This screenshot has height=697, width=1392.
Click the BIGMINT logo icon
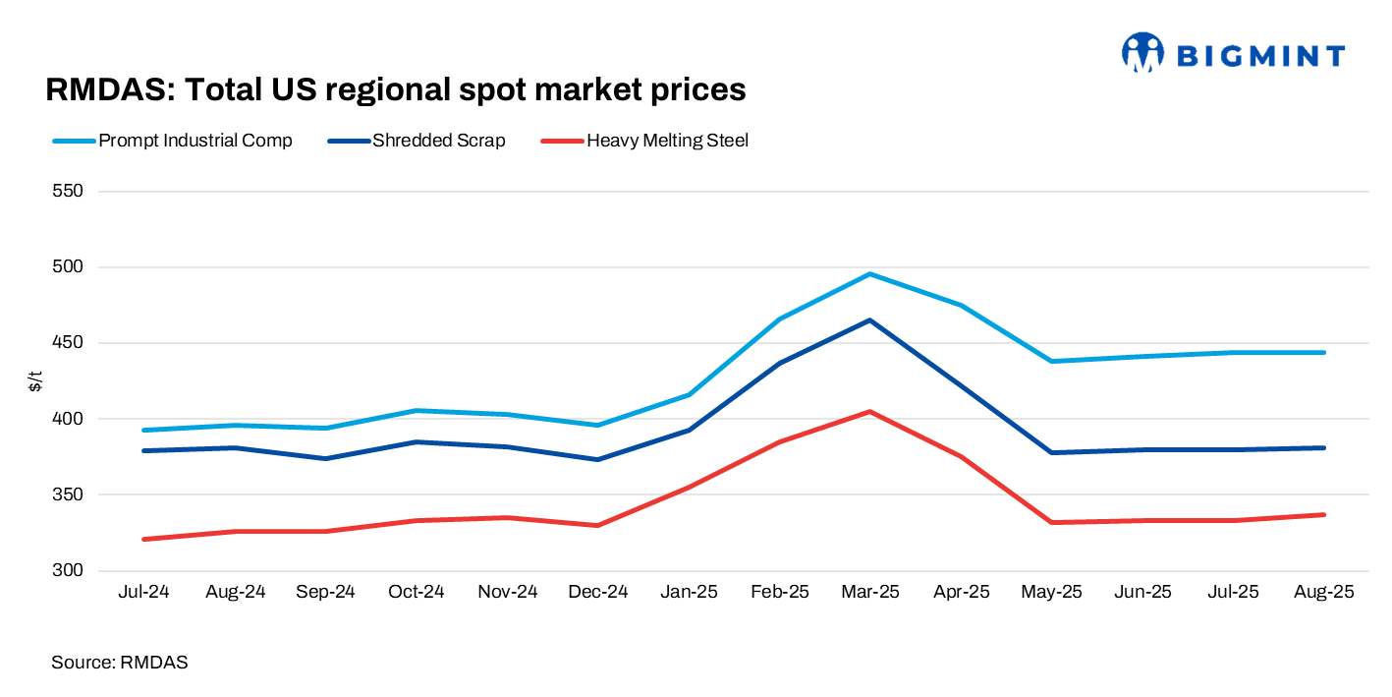point(1141,53)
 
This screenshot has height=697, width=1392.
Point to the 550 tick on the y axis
point(68,191)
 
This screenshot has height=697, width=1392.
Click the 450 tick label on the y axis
point(68,343)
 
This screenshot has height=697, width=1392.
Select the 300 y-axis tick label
point(68,571)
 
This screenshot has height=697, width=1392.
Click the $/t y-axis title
point(35,381)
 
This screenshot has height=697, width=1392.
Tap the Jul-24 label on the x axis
point(143,592)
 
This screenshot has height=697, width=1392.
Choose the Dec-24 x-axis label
point(597,592)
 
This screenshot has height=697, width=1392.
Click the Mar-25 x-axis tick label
point(869,592)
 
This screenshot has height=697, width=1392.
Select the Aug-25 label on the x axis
point(1323,592)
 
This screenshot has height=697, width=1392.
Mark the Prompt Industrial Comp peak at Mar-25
point(869,274)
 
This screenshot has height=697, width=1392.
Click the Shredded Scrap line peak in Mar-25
point(869,320)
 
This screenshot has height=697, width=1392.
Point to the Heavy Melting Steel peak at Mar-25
point(869,412)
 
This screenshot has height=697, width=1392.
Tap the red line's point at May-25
point(1051,522)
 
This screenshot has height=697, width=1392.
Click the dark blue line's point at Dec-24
point(597,459)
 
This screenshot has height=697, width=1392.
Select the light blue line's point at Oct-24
point(416,411)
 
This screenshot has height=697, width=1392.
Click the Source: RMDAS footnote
point(119,663)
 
